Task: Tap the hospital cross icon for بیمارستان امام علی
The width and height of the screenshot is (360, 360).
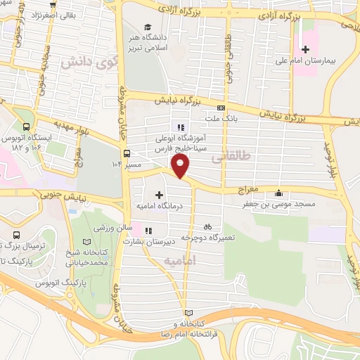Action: (305, 49)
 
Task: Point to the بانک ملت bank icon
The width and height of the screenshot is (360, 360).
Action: (221, 108)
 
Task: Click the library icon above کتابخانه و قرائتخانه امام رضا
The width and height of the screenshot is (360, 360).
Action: (186, 312)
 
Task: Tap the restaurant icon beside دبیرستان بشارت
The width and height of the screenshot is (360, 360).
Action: (148, 230)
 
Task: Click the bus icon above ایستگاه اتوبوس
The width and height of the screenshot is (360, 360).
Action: (26, 127)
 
